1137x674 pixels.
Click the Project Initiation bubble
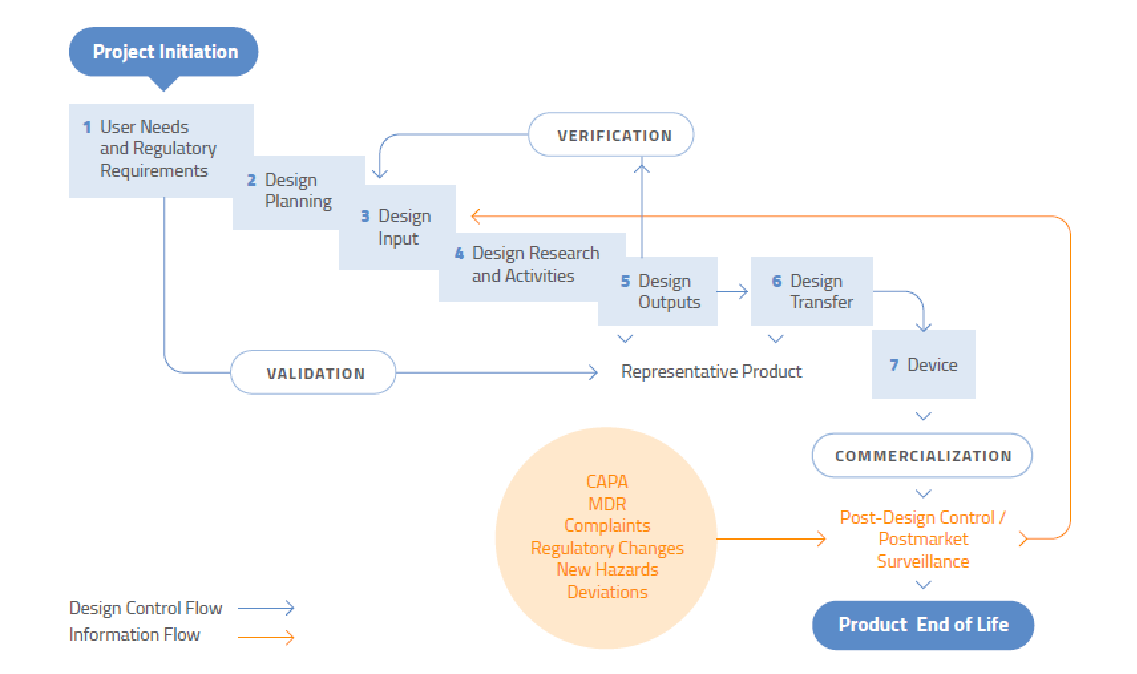pos(163,52)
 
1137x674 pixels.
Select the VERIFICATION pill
pos(611,135)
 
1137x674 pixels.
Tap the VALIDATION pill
pos(313,373)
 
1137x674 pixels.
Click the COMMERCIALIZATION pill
pos(922,456)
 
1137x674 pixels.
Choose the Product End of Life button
pos(922,625)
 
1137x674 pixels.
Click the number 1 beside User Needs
pos(87,127)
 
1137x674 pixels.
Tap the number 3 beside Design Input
pos(365,217)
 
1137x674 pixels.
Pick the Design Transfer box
pos(812,292)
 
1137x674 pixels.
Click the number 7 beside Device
pos(894,365)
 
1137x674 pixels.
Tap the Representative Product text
pos(711,372)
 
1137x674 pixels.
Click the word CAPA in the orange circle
pos(607,481)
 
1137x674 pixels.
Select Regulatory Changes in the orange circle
pos(607,548)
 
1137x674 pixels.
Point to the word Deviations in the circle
pos(607,592)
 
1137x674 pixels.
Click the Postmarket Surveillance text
pos(922,550)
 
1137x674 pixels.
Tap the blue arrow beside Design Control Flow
pos(266,608)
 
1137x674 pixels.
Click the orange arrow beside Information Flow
pos(266,638)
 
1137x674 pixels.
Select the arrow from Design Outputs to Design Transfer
pos(733,292)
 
